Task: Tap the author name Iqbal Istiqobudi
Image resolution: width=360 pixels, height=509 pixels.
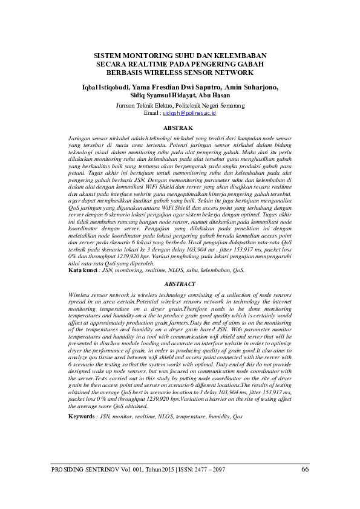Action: (106, 86)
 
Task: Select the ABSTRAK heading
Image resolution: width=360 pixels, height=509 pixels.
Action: (179, 128)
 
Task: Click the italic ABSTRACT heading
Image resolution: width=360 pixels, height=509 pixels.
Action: (180, 284)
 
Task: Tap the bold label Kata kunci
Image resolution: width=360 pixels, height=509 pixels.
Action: (83, 271)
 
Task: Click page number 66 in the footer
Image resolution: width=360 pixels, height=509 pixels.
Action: (305, 469)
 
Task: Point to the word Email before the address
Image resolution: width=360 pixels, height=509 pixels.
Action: (152, 113)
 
